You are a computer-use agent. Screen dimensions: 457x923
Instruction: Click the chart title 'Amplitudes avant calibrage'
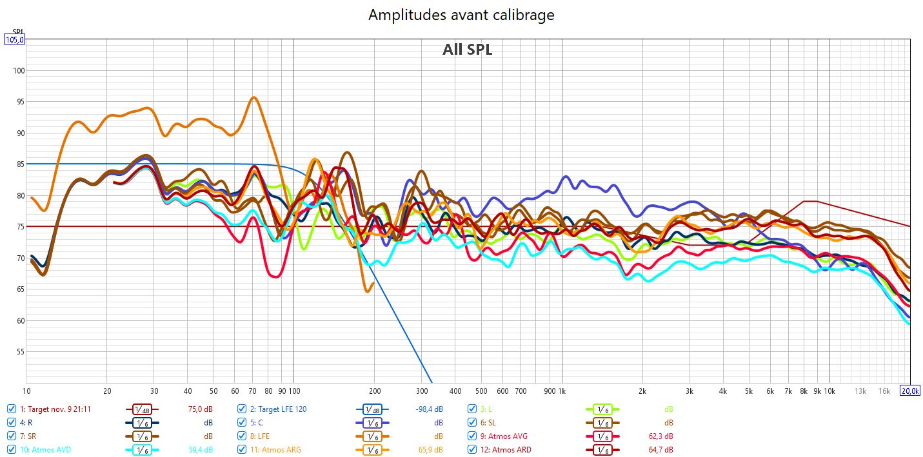461,15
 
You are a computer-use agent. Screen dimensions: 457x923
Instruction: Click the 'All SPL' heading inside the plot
467,50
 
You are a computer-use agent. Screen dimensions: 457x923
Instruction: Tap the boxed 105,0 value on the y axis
14,39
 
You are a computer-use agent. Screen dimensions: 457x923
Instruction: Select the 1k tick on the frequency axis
561,391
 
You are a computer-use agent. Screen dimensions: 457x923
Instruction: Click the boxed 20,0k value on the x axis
910,391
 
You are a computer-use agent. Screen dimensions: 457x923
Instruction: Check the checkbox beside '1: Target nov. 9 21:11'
12,409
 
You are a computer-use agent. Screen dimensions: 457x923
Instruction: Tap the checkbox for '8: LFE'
242,436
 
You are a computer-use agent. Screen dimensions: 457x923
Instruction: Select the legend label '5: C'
257,423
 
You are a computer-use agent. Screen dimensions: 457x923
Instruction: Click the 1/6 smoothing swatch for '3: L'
602,409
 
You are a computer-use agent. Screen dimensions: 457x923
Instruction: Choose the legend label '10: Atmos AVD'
45,450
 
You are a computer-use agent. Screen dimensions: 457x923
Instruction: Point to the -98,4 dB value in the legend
430,409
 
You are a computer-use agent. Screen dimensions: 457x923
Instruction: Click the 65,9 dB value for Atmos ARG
430,450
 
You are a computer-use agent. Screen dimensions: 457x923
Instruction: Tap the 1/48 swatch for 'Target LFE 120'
372,409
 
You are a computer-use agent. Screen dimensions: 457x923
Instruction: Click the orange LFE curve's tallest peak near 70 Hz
253,98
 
